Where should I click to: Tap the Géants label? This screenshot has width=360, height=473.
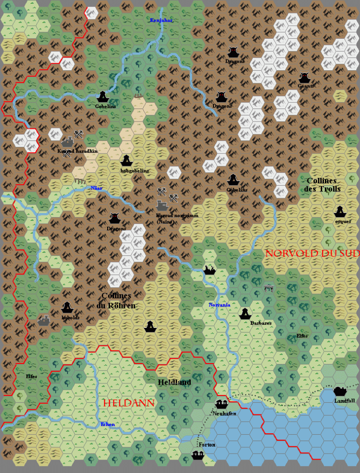point(306,86)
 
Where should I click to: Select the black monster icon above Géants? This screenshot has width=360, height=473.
point(304,77)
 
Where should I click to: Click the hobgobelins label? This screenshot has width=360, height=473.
point(134,170)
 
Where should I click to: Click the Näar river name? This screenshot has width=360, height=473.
point(96,188)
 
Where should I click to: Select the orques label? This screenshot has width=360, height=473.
point(343,221)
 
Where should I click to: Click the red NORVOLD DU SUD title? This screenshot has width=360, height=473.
point(312,253)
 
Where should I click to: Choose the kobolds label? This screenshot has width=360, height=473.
point(70,317)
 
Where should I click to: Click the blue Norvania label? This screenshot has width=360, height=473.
point(219,305)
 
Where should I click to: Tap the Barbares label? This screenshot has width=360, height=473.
point(261,323)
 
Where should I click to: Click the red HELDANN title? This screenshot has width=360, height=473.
point(128,403)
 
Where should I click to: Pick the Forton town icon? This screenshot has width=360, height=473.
point(198,455)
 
